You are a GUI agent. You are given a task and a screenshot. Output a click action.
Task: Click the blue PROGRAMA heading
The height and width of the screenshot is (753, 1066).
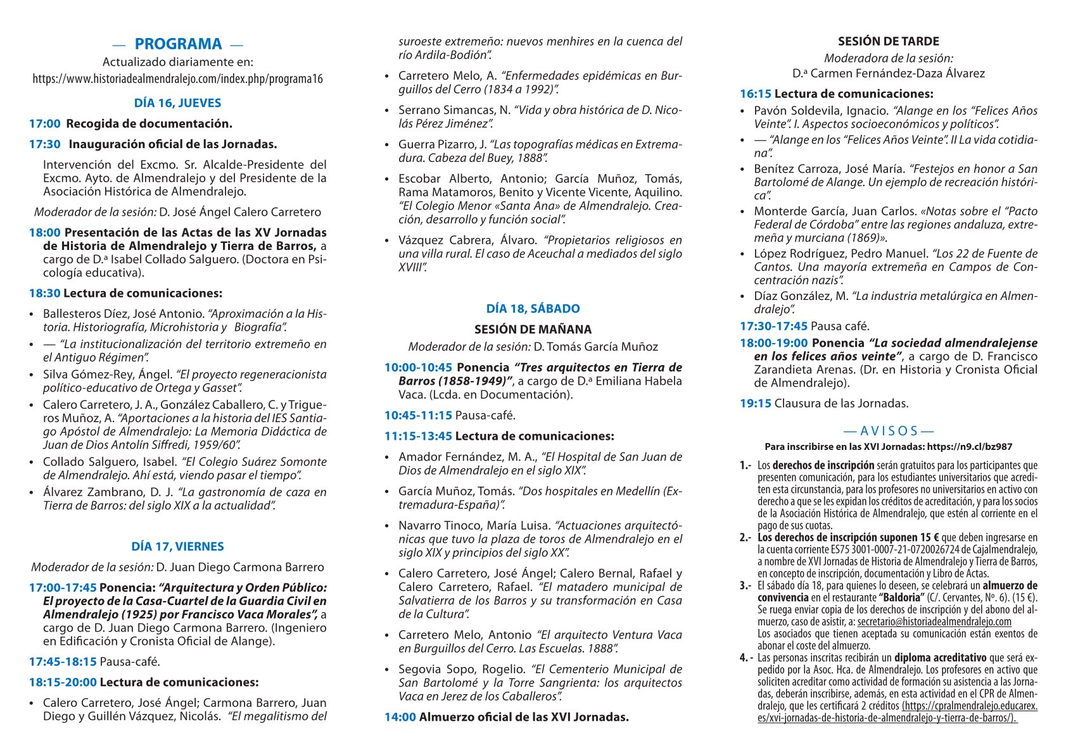(178, 44)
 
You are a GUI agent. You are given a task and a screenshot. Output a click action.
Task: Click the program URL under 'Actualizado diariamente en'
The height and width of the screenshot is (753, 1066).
(178, 79)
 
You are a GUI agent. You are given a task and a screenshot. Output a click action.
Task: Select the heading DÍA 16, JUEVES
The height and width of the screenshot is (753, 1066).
(178, 103)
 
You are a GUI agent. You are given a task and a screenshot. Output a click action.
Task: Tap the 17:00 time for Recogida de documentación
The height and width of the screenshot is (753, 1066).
(44, 124)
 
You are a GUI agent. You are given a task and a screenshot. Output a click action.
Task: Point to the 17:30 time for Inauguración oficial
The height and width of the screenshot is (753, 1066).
(44, 144)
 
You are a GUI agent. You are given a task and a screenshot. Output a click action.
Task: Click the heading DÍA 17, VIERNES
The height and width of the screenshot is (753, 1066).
(178, 547)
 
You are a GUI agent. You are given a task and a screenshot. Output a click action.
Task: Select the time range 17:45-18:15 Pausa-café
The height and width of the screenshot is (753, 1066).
(63, 662)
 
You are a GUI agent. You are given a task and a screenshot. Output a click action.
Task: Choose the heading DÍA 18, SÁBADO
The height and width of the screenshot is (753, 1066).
(533, 309)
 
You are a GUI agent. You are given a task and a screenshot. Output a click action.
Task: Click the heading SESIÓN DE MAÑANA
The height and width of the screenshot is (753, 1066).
(533, 330)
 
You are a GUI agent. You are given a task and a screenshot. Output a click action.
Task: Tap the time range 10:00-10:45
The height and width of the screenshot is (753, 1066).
(418, 368)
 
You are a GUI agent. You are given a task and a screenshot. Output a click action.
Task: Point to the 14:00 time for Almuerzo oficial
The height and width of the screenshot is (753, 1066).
(400, 718)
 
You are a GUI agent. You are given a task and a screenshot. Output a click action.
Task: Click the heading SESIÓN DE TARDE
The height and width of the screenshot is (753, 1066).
(889, 42)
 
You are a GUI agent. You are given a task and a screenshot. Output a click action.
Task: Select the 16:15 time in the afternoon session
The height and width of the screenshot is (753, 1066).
(756, 94)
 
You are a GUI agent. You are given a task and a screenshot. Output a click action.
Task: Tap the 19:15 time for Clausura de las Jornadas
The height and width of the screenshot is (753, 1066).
(756, 404)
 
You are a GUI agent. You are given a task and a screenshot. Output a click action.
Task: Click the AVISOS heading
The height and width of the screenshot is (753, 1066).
(889, 432)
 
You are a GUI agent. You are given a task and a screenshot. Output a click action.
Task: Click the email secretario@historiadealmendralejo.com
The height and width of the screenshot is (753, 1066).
(934, 622)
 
